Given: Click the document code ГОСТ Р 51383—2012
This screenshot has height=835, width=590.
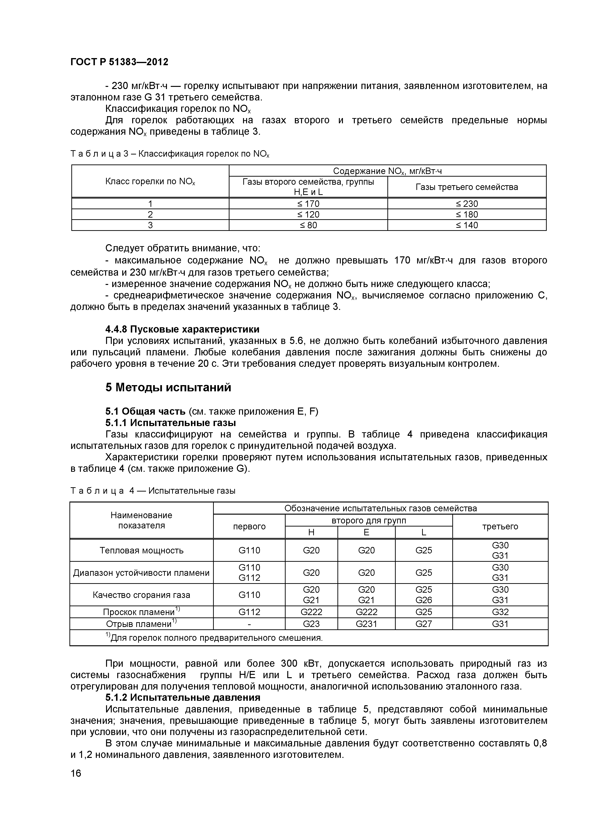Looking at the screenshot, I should pos(119,62).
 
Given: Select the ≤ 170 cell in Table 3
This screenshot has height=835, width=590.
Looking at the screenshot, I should pos(308,204).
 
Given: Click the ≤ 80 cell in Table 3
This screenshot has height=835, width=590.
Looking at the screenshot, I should pos(308,225).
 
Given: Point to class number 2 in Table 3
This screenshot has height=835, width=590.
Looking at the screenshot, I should pos(150,214).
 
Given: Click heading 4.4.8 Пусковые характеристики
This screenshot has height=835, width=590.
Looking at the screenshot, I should pos(182,329).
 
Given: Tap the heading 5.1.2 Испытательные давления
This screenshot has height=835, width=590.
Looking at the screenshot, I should pos(183,697).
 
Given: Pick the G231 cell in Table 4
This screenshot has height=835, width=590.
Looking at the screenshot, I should pos(366,624).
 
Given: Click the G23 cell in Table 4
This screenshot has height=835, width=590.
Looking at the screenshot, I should pos(311,624).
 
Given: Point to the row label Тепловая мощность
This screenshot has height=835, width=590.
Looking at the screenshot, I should pos(141,550).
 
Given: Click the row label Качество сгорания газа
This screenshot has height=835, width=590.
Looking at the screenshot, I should pos(141,595).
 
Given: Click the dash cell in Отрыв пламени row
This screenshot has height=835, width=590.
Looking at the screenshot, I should pos(249,624).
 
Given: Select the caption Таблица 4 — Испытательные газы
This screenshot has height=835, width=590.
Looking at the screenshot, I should pos(153,491).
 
